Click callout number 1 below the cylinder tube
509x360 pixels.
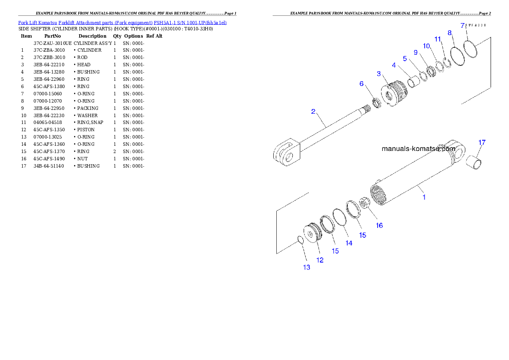[x=424, y=197]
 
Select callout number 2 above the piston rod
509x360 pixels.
[x=313, y=112]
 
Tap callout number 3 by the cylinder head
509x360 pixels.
[x=379, y=74]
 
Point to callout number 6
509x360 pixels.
[x=361, y=84]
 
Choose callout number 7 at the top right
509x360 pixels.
[x=462, y=26]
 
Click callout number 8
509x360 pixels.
[x=449, y=32]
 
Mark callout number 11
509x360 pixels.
[x=438, y=39]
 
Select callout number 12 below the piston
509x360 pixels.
[x=320, y=260]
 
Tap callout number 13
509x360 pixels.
[x=307, y=268]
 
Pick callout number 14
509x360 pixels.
[x=349, y=243]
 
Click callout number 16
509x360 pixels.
[x=379, y=225]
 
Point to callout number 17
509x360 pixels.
[x=482, y=142]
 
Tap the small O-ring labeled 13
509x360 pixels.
[x=300, y=240]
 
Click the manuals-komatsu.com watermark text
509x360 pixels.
[x=418, y=149]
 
